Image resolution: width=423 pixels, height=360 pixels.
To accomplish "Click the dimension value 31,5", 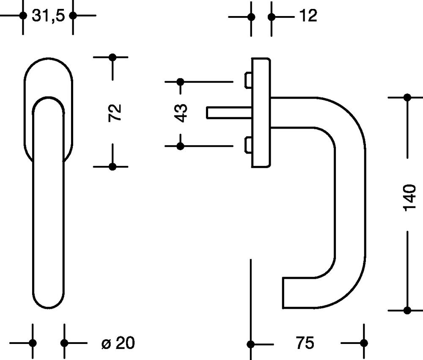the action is [48, 15].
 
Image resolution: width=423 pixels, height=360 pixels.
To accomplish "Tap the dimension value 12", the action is [308, 16].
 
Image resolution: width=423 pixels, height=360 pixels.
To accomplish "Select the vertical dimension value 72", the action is [115, 112].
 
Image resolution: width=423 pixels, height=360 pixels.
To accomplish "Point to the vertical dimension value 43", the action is [181, 113].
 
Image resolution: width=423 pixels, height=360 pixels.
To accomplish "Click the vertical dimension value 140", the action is [409, 198].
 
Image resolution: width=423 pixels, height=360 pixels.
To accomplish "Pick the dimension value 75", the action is [305, 343].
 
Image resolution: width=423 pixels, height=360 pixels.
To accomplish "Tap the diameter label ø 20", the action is [118, 343].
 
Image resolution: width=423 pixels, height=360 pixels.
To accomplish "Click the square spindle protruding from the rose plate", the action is [229, 113].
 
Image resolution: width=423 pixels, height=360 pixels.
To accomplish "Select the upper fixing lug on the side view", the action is [248, 80].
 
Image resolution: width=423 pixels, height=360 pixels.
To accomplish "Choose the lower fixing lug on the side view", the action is [248, 145].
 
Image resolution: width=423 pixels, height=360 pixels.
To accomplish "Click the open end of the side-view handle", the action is [283, 293].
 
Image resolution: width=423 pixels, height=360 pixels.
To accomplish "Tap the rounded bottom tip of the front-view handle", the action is [49, 308].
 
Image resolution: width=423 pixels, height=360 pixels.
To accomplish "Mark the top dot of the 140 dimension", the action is [407, 97].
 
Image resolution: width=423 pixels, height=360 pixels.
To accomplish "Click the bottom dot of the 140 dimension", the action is [407, 311].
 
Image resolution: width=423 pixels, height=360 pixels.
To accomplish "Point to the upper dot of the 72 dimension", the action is [113, 57].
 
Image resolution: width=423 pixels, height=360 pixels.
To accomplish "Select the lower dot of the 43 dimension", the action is [180, 146].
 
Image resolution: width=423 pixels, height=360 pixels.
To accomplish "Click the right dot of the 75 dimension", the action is [364, 343].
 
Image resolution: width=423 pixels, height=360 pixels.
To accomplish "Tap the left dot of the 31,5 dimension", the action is [23, 15].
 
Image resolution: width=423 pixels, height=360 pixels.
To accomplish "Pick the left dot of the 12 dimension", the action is [251, 17].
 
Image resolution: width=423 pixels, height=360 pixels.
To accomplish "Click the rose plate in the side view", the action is [261, 113].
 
